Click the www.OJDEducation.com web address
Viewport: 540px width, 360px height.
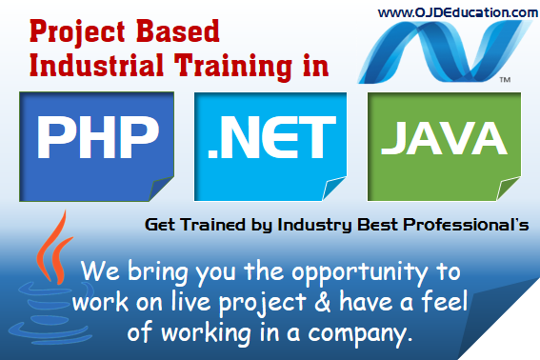tap(457, 12)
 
